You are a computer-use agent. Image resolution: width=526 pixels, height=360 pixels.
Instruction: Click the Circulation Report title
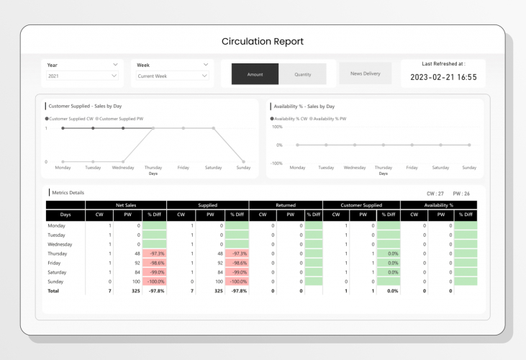coord(263,41)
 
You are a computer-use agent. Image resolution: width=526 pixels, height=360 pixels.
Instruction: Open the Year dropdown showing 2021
coord(81,76)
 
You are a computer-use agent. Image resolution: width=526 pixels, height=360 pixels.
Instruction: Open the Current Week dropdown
coord(172,76)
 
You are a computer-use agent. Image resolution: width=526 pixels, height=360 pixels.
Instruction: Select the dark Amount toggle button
coord(255,74)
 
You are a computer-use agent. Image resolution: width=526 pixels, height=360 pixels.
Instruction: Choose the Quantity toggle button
coord(302,74)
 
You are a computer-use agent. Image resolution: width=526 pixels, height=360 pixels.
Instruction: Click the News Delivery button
coord(366,73)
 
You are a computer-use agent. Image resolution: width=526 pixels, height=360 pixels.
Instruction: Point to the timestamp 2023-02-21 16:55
coord(443,77)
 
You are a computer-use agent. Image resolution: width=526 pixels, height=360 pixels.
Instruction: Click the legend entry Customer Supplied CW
coord(71,118)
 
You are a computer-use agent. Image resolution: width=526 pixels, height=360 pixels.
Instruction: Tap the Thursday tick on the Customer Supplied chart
coord(153,167)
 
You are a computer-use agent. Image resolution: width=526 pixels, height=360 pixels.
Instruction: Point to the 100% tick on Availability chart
coord(276,127)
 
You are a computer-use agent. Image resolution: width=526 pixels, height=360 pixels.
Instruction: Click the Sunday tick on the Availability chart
coord(469,167)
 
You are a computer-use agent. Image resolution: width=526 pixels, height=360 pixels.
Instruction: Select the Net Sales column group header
coord(126,205)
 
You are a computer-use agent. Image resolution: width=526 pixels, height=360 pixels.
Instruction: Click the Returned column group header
coord(286,205)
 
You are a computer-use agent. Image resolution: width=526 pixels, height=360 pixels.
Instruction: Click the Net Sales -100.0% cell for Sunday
coord(154,282)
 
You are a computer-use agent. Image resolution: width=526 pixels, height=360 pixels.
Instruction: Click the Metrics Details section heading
coord(68,193)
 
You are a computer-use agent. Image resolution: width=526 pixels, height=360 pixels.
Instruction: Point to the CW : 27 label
coord(435,193)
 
